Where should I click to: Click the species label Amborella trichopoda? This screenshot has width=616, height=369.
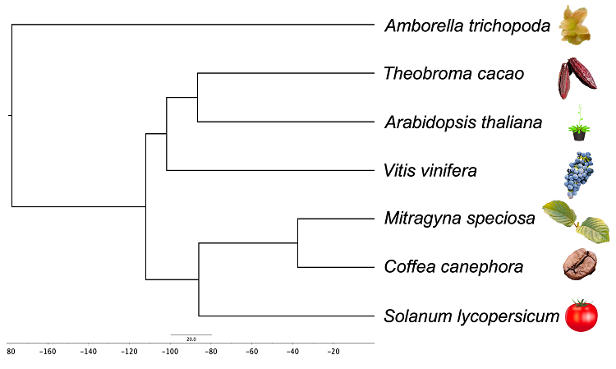tap(467, 26)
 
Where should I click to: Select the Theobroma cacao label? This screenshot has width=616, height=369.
tap(453, 73)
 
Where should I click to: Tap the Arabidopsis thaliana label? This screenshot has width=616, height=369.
tap(463, 122)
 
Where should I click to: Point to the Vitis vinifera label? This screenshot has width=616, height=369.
tap(430, 171)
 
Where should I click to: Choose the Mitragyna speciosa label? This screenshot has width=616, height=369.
tap(460, 218)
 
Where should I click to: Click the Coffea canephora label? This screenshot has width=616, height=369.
tap(453, 267)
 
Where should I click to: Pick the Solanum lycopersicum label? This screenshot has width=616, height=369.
tap(471, 316)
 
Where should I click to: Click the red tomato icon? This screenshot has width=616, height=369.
tap(582, 315)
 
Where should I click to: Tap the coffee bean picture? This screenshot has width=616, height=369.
tap(580, 264)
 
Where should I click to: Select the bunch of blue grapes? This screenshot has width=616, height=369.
tap(578, 174)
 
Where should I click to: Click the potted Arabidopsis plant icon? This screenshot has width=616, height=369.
tap(579, 123)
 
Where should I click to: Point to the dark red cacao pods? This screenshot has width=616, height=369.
tap(577, 78)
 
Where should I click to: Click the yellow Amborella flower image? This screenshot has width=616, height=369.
tap(575, 25)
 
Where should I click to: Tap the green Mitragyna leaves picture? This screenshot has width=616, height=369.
tap(577, 222)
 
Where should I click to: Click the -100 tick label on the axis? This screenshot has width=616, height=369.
tap(170, 352)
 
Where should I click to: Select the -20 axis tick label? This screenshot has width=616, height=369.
tap(333, 352)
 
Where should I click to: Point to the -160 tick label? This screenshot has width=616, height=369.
tap(48, 352)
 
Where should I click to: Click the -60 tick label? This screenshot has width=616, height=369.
tap(252, 352)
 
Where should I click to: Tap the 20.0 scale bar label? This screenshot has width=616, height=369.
tap(191, 339)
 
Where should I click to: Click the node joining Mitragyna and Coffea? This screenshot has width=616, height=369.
tap(298, 243)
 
